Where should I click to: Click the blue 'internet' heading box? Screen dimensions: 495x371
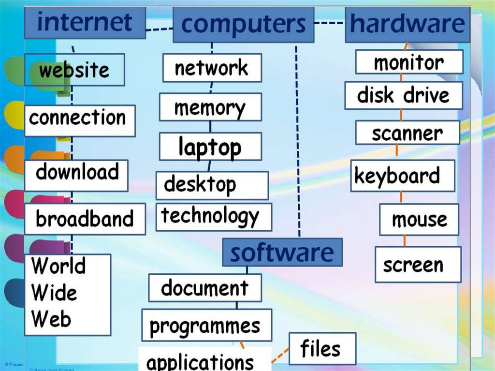pos(85,22)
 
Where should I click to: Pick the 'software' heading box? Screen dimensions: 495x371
pos(282,252)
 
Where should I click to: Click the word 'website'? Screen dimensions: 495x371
pos(74,70)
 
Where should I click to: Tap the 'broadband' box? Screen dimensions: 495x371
pos(84,219)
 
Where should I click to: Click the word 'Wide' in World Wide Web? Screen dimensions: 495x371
pos(54,293)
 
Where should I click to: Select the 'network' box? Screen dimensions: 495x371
pos(212,68)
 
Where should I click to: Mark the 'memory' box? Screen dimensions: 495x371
pos(210,107)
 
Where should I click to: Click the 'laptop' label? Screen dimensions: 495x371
pos(210,147)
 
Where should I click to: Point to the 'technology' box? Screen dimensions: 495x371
pos(213,217)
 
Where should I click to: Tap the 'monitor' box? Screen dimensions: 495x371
pos(408,62)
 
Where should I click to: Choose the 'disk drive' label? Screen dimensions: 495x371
pos(403,95)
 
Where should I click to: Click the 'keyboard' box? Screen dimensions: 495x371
pos(402,177)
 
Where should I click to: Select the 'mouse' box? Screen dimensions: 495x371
pos(419,219)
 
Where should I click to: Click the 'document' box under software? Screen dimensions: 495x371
pos(204,288)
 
